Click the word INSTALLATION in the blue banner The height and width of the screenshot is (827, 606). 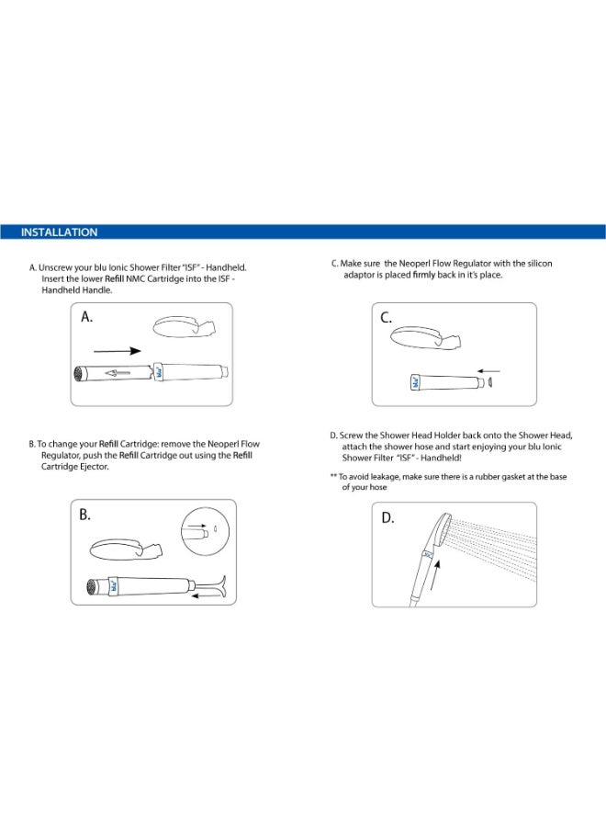[60, 232]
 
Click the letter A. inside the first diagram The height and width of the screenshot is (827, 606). [89, 317]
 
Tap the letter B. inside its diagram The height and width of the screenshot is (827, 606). [85, 515]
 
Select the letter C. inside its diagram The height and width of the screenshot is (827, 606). [387, 318]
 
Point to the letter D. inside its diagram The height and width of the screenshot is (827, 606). [387, 517]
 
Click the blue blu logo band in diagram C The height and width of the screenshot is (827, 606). [414, 381]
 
